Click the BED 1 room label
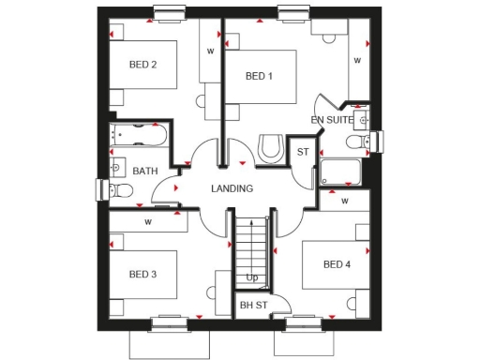coord(259,76)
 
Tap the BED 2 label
coord(142,65)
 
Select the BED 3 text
coord(142,274)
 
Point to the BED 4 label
coord(336,264)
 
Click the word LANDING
coord(232,188)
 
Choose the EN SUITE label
coord(332,120)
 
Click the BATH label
coord(144,172)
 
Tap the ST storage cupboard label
coord(302,152)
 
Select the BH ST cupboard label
coord(252,305)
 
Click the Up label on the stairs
coord(252,277)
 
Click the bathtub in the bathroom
coord(138,137)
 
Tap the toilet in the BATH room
coord(119,190)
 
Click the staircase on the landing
coord(252,246)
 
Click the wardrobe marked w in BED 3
coord(147,223)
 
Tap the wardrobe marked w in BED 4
coord(345,201)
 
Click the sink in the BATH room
coord(117,168)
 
